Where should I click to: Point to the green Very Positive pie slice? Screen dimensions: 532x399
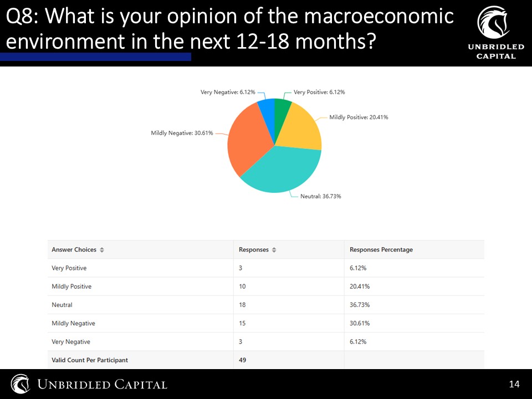pyautogui.click(x=281, y=109)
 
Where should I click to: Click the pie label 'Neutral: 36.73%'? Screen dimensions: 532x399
pyautogui.click(x=321, y=196)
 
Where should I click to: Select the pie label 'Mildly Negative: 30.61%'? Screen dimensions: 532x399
pyautogui.click(x=182, y=133)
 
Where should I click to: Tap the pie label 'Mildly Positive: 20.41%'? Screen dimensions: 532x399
pyautogui.click(x=359, y=117)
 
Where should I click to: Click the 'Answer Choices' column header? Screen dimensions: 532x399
pyautogui.click(x=74, y=250)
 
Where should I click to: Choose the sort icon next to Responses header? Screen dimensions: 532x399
pyautogui.click(x=274, y=250)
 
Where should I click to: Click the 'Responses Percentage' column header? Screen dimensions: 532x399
pyautogui.click(x=381, y=250)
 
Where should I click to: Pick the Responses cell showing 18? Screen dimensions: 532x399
pyautogui.click(x=242, y=305)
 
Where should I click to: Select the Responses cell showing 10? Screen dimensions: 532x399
pyautogui.click(x=242, y=287)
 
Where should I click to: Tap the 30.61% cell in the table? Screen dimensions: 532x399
pyautogui.click(x=360, y=323)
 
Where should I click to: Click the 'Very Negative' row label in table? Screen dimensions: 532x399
pyautogui.click(x=71, y=342)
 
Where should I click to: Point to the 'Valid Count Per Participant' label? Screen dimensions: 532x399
pyautogui.click(x=90, y=360)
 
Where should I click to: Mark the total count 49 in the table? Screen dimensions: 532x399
pyautogui.click(x=242, y=360)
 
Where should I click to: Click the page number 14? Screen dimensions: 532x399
pyautogui.click(x=514, y=384)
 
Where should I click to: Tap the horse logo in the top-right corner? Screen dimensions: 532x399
pyautogui.click(x=494, y=22)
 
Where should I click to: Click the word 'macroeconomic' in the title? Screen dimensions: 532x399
pyautogui.click(x=379, y=16)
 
